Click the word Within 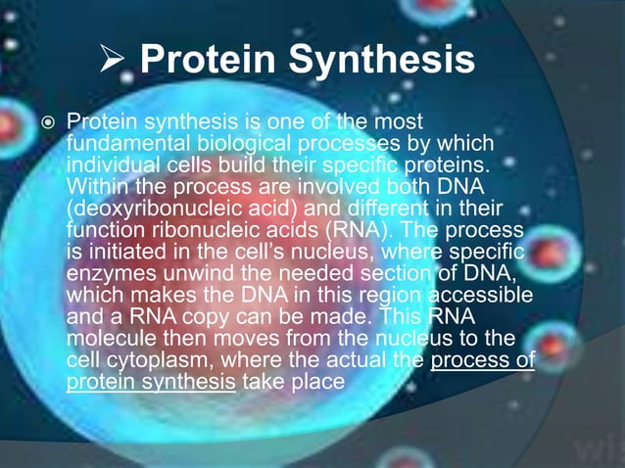coord(96,186)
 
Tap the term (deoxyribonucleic coord(147,208)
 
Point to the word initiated coord(122,251)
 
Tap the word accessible coord(472,294)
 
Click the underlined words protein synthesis coord(151,380)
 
